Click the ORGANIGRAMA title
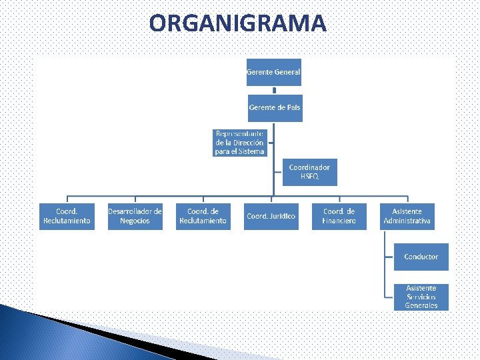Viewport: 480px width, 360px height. (x=238, y=24)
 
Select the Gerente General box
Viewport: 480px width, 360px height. (x=273, y=72)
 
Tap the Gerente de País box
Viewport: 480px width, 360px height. (x=275, y=108)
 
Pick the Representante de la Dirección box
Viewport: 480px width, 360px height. (x=240, y=143)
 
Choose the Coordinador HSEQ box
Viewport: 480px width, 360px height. (x=309, y=172)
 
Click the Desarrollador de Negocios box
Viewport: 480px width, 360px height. (x=135, y=217)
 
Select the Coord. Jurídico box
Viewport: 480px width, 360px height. (x=271, y=217)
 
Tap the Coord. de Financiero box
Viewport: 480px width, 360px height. (x=339, y=217)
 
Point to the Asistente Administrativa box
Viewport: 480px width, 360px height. (x=407, y=217)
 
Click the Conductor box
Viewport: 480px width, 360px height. (x=421, y=257)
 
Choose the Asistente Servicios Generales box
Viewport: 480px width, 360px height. (x=421, y=297)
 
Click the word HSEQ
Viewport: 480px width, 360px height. (x=309, y=177)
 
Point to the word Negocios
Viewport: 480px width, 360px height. (x=135, y=221)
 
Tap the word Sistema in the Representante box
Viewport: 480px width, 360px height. (x=250, y=151)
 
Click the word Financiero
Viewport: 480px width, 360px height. (x=339, y=221)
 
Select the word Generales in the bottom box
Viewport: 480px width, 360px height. (x=421, y=305)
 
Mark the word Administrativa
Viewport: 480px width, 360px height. (x=407, y=221)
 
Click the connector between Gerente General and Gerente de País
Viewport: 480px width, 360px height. (x=273, y=90)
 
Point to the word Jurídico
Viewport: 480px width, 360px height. (x=281, y=217)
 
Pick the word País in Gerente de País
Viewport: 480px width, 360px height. (x=293, y=108)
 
